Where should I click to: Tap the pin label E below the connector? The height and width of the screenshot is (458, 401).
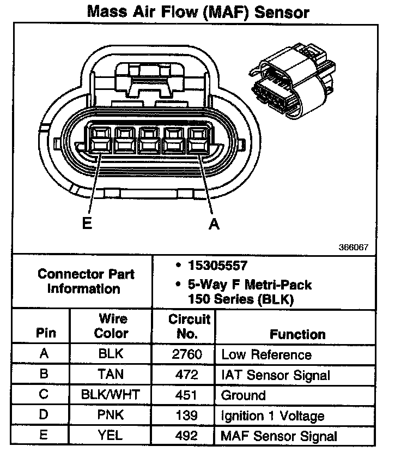pos(87,224)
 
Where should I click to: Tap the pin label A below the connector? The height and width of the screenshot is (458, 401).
pos(214,224)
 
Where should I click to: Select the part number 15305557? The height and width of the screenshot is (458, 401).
pos(217,266)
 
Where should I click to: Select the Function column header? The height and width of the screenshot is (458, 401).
pos(297,334)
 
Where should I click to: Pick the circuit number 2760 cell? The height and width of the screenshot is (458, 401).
pos(186,354)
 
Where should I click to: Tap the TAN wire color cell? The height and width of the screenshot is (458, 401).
pos(111,375)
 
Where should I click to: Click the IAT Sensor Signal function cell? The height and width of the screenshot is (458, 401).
pos(275,375)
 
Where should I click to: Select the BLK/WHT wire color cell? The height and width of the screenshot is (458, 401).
pos(111,395)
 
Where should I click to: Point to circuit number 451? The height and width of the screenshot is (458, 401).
pos(186,395)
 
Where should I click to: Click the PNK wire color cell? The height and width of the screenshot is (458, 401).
pos(111,415)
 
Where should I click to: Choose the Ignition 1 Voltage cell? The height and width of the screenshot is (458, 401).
pos(272,416)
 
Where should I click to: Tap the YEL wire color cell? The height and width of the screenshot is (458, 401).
pos(111,435)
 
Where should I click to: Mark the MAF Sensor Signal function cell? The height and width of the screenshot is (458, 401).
pos(279,436)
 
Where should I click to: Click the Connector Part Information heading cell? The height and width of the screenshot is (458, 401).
pos(86,281)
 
